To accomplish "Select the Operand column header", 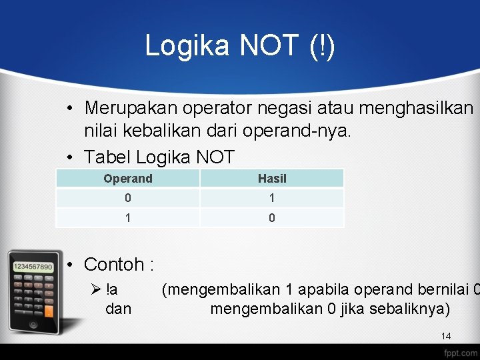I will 127,179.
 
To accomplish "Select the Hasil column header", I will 271,179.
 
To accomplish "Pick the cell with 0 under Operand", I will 127,198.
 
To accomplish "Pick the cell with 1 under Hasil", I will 271,198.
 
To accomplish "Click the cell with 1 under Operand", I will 127,217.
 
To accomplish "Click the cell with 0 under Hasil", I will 271,217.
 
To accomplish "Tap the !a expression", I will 111,290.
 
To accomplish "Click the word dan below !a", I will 118,309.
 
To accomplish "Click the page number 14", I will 446,337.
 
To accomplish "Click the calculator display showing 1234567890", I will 33,266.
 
